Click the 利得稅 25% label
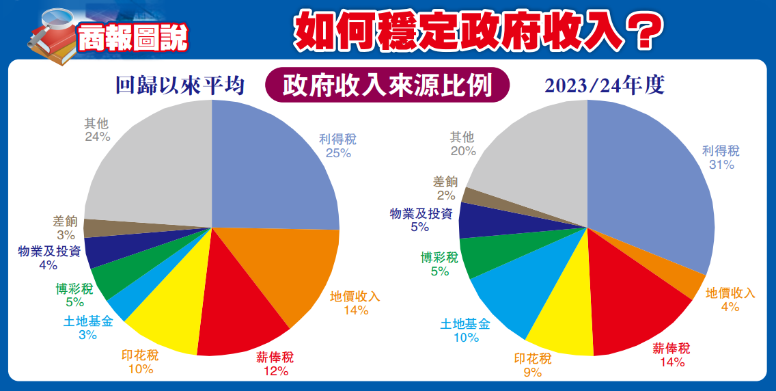pyautogui.click(x=337, y=146)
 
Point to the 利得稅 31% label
pyautogui.click(x=721, y=157)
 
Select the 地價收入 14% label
pyautogui.click(x=355, y=303)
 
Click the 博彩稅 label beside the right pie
pyautogui.click(x=439, y=264)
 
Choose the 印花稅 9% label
pyautogui.click(x=532, y=365)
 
